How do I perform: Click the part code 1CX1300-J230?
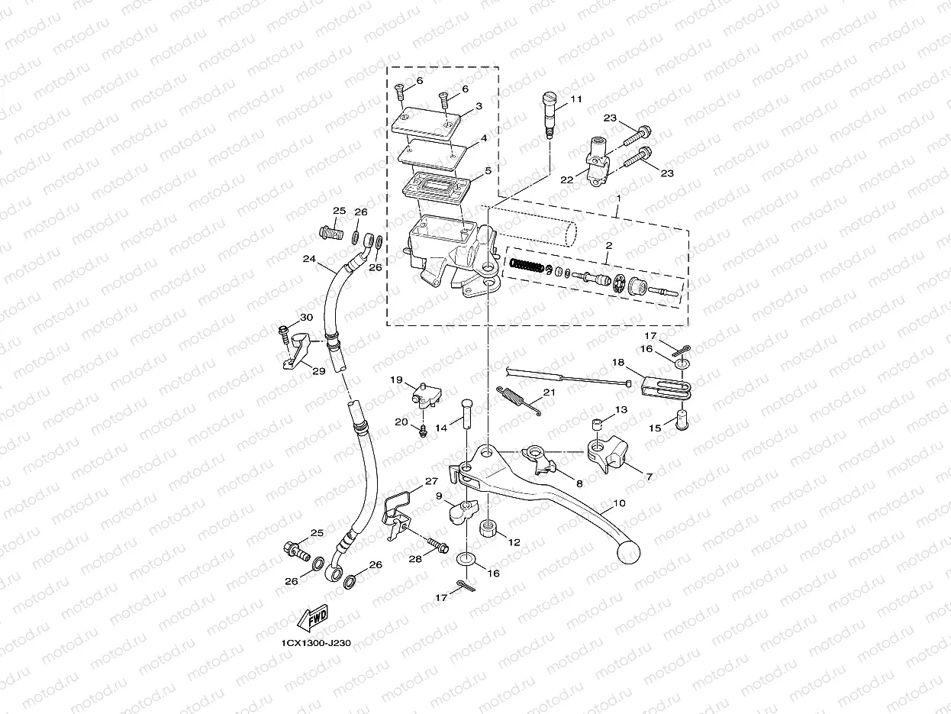click(315, 643)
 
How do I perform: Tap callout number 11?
click(575, 99)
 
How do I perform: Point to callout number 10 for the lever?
click(619, 504)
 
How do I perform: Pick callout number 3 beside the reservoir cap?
click(478, 106)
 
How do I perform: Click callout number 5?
click(488, 172)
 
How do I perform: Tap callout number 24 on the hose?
click(308, 259)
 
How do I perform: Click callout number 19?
click(397, 380)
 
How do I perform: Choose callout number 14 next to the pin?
click(441, 428)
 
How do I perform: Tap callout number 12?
click(514, 541)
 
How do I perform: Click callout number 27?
click(432, 482)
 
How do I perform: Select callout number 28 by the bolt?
click(414, 560)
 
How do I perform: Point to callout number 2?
click(608, 246)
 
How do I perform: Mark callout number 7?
click(650, 476)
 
